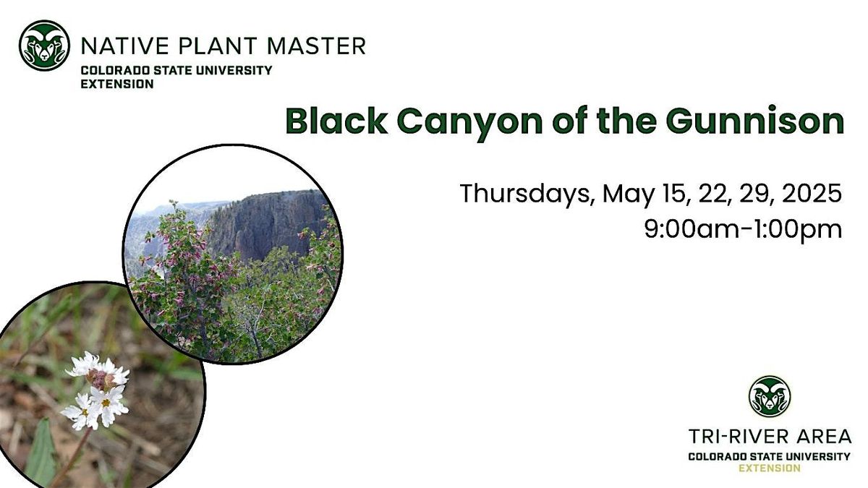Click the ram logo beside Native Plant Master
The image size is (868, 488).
(44, 46)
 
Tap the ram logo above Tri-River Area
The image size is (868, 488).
(770, 396)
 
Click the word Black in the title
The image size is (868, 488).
(336, 121)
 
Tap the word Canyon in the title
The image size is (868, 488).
(469, 124)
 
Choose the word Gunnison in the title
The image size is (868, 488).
(755, 121)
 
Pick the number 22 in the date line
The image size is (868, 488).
(716, 194)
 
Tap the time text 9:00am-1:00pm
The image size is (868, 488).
(744, 230)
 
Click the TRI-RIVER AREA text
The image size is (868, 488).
(770, 437)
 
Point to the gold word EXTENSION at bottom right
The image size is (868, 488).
(770, 468)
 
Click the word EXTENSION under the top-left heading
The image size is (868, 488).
(117, 84)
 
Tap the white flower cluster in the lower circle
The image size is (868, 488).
(96, 391)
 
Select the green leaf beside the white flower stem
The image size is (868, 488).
(42, 453)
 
